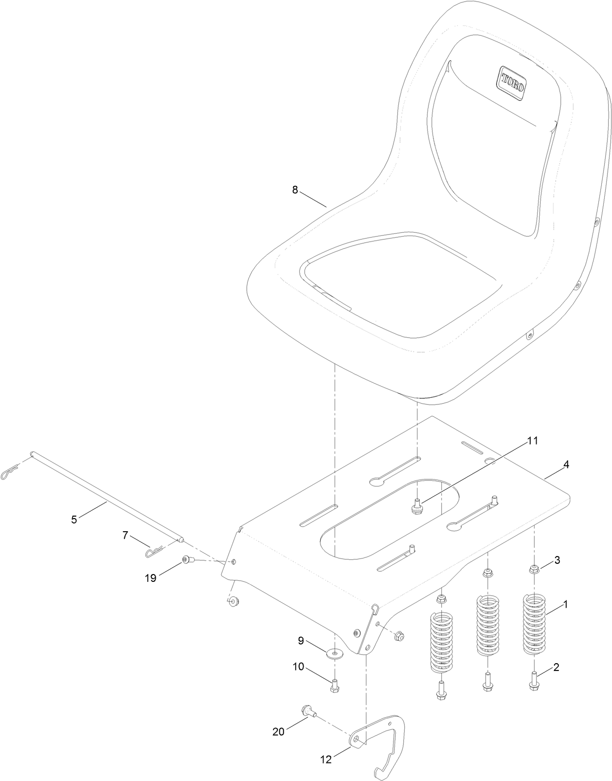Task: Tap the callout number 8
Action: click(295, 190)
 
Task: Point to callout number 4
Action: click(566, 465)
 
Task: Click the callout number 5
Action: click(74, 520)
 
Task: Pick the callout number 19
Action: click(150, 578)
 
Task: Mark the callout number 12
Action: click(326, 759)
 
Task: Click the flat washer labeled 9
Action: click(335, 652)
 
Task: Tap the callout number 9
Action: click(301, 640)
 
